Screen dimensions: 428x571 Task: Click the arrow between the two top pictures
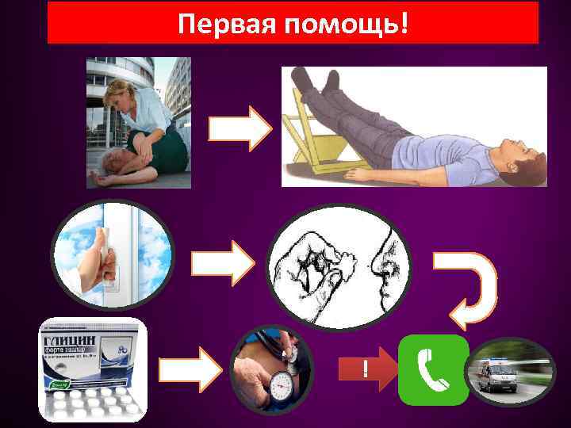coord(240,128)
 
